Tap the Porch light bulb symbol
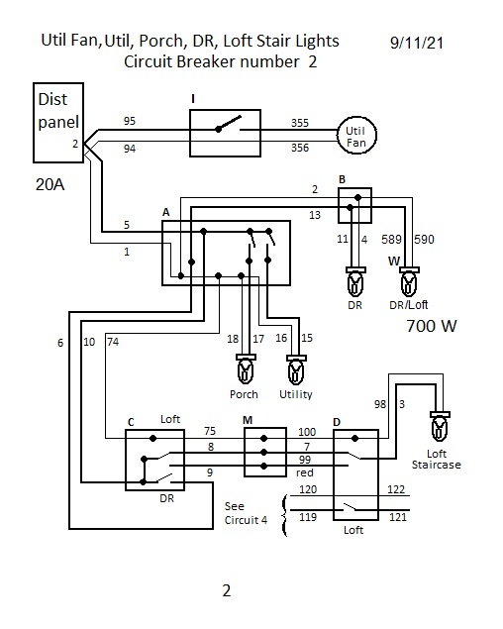coord(246,369)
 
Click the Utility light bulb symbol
coord(296,369)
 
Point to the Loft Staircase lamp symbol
coord(440,426)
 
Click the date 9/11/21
coord(417,43)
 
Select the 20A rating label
coord(50,184)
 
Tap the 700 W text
coord(431,326)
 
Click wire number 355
coord(300,123)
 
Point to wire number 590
coord(424,240)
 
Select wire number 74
coord(113,342)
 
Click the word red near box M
coord(304,472)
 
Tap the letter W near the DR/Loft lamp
coord(394,262)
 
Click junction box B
coord(355,205)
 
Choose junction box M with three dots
coord(265,452)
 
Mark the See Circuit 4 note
coord(246,513)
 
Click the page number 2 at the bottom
coord(227,591)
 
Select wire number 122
coord(396,489)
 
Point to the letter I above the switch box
coord(193,99)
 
